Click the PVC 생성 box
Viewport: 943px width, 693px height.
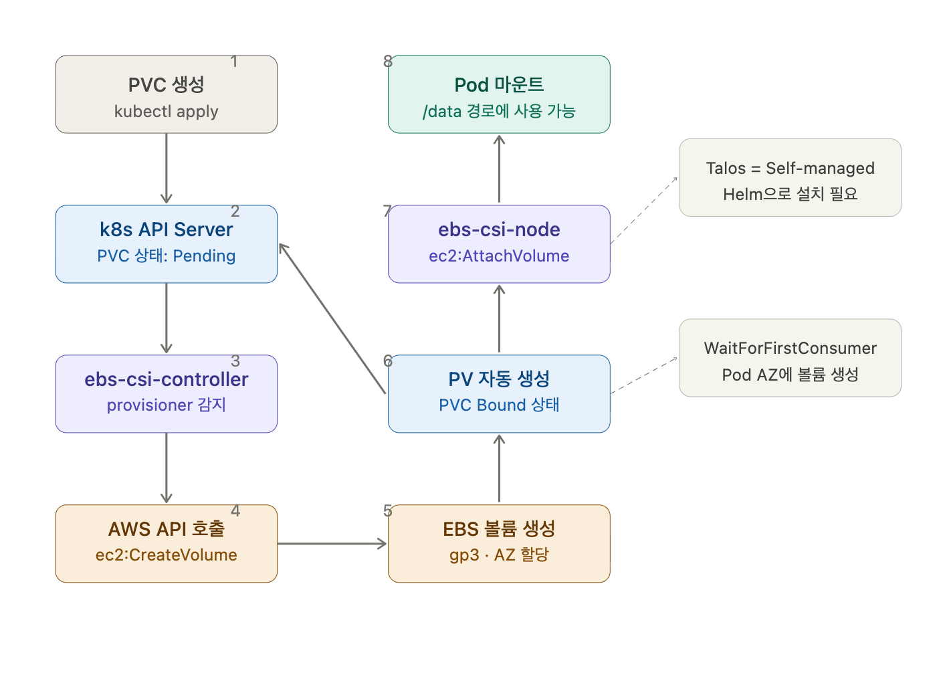coord(166,94)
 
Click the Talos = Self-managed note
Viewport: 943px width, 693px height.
coord(790,177)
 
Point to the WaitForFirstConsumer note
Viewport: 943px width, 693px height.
coord(790,358)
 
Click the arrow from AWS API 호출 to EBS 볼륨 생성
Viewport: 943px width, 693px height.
coord(332,544)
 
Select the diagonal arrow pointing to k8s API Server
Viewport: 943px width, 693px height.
coord(332,318)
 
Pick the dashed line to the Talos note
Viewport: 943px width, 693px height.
coord(644,210)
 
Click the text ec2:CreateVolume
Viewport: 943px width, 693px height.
coord(166,555)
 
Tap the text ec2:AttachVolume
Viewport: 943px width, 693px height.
coord(499,256)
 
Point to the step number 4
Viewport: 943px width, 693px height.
coord(235,511)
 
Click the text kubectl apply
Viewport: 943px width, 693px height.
coord(166,112)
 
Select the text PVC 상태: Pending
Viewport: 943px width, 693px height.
coord(166,256)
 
